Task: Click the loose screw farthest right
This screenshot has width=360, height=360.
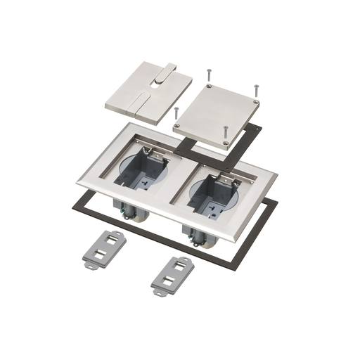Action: (x=256, y=90)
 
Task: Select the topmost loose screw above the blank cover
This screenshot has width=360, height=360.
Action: (x=209, y=73)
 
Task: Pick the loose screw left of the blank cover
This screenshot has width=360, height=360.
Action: (x=176, y=112)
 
